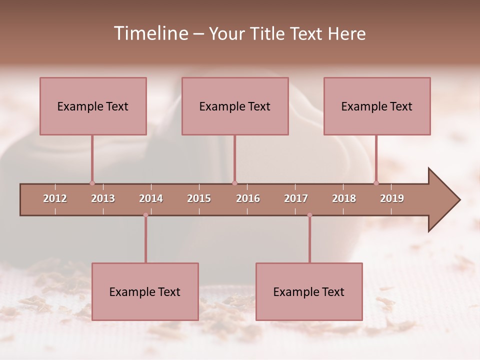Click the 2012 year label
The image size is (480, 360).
pyautogui.click(x=55, y=198)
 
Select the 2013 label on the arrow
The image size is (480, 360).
pyautogui.click(x=103, y=198)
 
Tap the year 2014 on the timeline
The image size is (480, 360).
pyautogui.click(x=151, y=198)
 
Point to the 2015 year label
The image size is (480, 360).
pyautogui.click(x=199, y=198)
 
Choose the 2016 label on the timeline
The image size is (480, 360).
pyautogui.click(x=248, y=198)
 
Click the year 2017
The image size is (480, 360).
pyautogui.click(x=296, y=198)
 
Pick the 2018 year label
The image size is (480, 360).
pyautogui.click(x=344, y=198)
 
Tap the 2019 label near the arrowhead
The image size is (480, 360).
pyautogui.click(x=392, y=198)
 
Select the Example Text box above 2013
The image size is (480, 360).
pyautogui.click(x=93, y=106)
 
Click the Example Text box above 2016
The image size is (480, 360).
pyautogui.click(x=235, y=106)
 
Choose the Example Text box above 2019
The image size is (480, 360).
pyautogui.click(x=377, y=106)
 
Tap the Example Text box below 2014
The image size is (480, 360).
pyautogui.click(x=145, y=291)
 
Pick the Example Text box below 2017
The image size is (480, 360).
pyautogui.click(x=309, y=291)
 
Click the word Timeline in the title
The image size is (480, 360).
pyautogui.click(x=150, y=33)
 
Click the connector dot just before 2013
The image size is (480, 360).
pyautogui.click(x=92, y=183)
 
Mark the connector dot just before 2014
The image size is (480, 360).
pyautogui.click(x=145, y=215)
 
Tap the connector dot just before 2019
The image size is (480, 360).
pyautogui.click(x=376, y=183)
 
